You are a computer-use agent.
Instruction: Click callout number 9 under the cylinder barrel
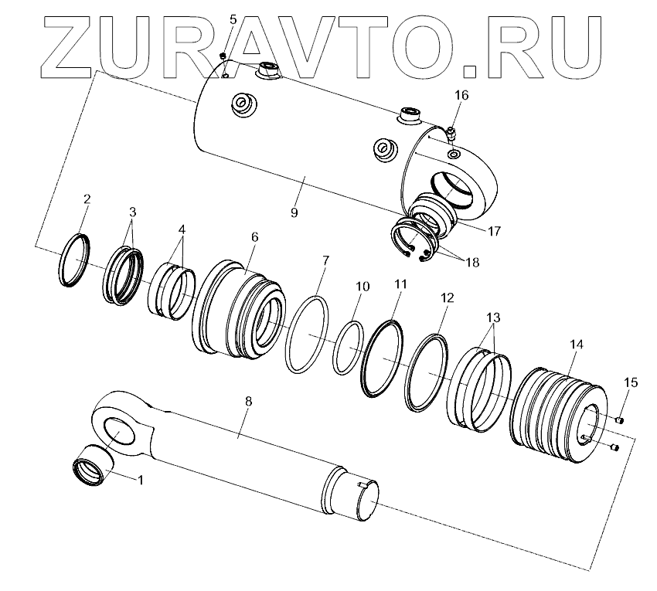pos(294,212)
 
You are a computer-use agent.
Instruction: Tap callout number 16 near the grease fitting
pos(461,95)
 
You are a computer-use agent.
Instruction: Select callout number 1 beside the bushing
pos(141,480)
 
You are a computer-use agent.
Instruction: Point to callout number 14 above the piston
pos(576,345)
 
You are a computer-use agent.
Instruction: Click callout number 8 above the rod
pos(248,401)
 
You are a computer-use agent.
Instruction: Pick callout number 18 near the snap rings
pos(472,263)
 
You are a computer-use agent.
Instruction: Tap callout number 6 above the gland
pos(255,237)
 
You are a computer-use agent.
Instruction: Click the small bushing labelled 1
pos(93,465)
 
